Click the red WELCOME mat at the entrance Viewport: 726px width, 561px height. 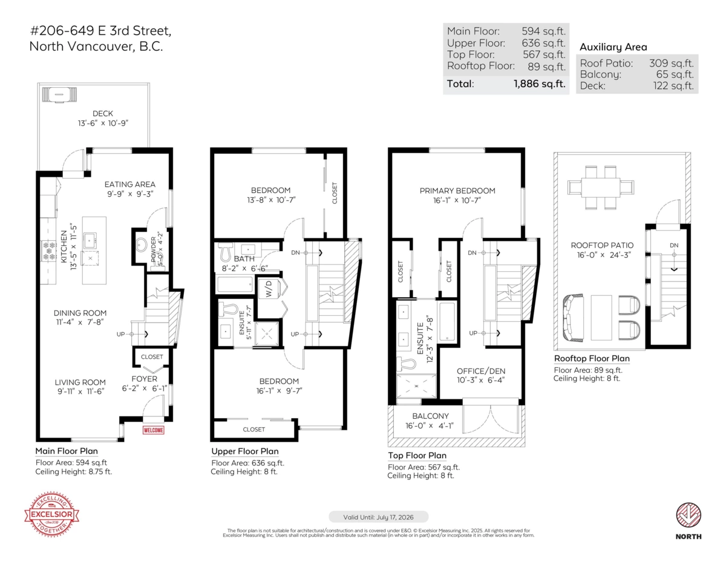pyautogui.click(x=153, y=430)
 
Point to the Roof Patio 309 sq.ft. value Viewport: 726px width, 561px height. pyautogui.click(x=671, y=63)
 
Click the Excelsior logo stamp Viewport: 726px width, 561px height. pyautogui.click(x=51, y=515)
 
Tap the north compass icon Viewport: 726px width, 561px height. pyautogui.click(x=688, y=515)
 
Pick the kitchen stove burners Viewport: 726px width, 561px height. pyautogui.click(x=47, y=250)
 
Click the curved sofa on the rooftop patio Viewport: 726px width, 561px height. pyautogui.click(x=571, y=318)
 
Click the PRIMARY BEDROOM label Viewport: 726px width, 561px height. pyautogui.click(x=457, y=191)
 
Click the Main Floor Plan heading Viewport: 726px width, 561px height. pyautogui.click(x=66, y=451)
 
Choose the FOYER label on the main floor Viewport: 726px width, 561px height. pyautogui.click(x=148, y=379)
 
